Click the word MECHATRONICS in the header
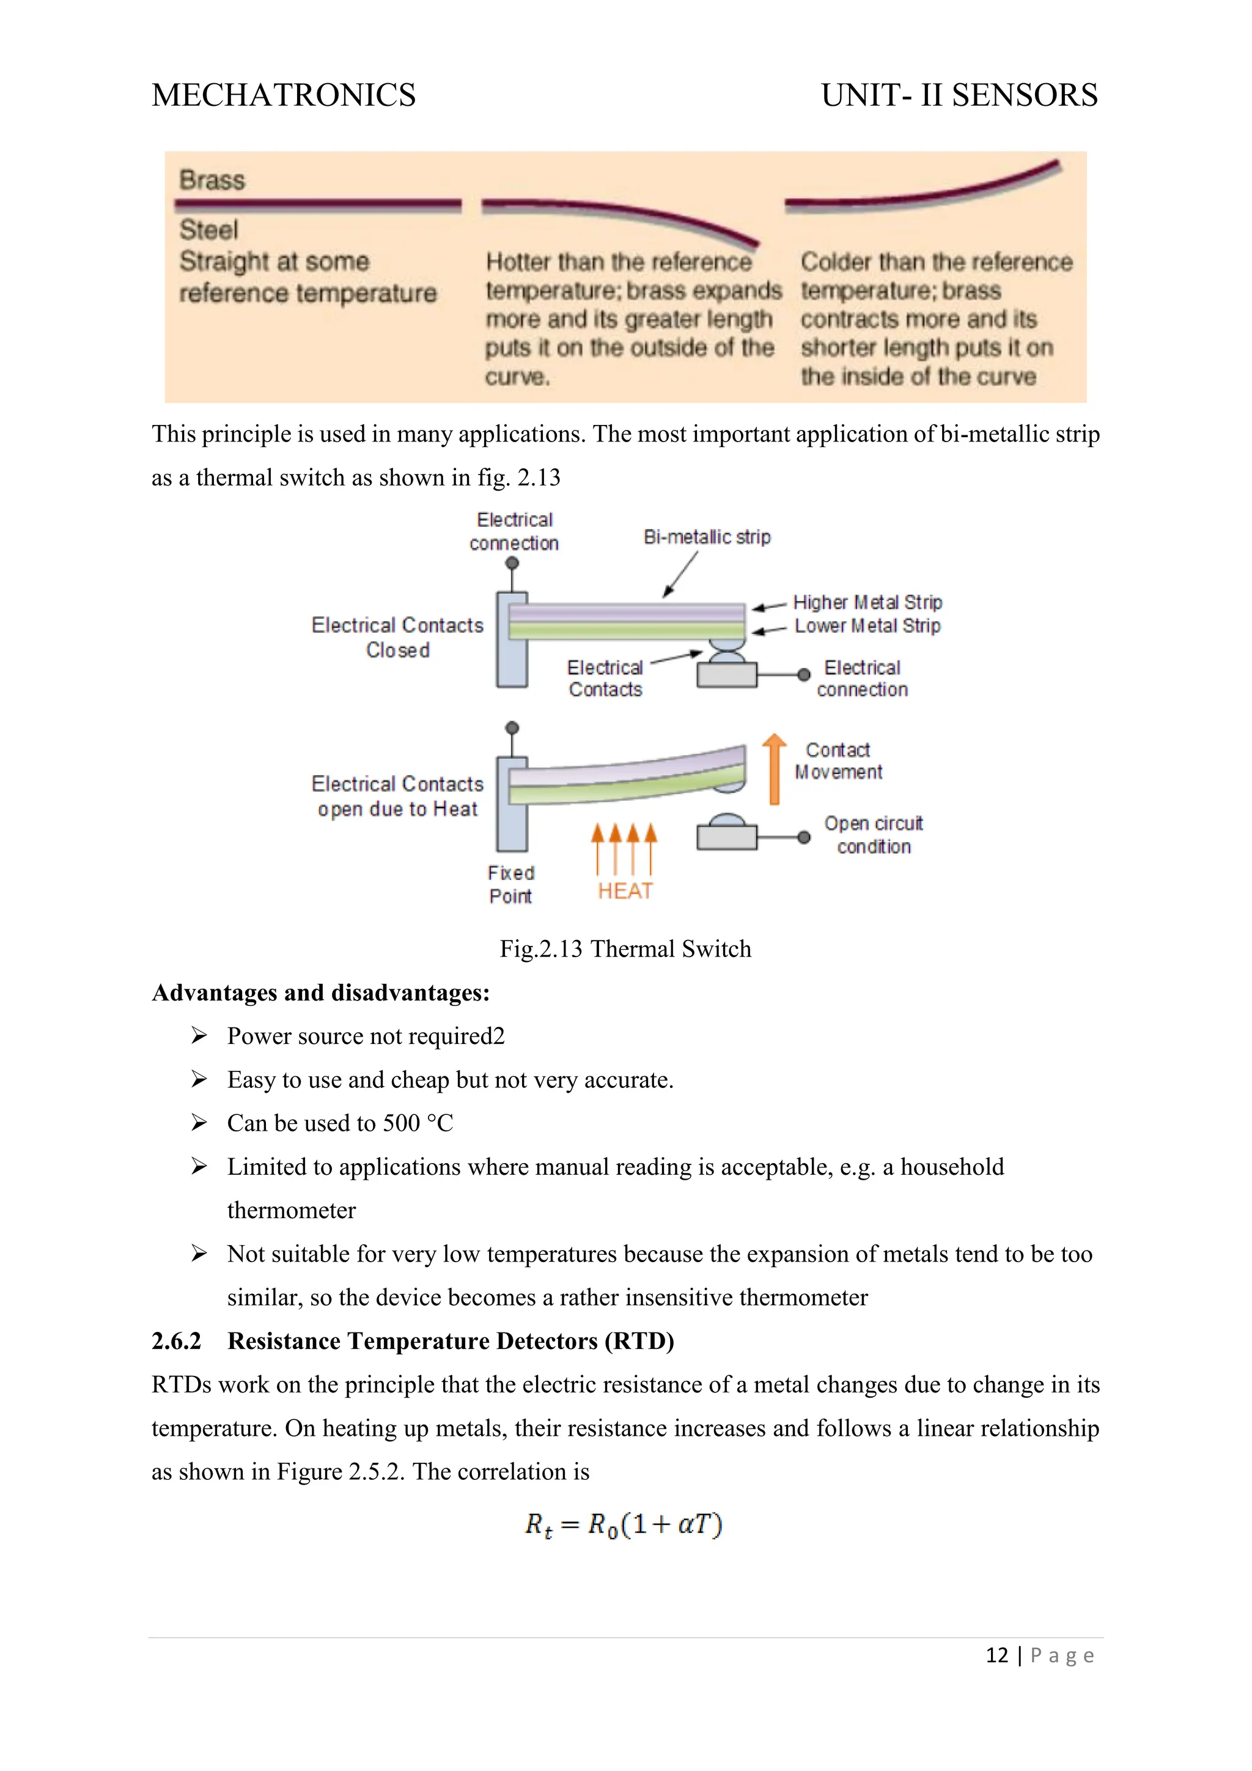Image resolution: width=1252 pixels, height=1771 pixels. click(x=284, y=95)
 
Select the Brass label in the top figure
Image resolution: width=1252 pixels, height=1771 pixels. click(x=212, y=180)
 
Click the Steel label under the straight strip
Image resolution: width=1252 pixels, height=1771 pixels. click(x=209, y=230)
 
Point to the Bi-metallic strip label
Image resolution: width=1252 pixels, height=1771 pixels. click(x=707, y=537)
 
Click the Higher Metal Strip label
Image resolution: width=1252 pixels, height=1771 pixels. click(x=867, y=602)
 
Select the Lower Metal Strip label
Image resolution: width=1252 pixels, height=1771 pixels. click(x=867, y=626)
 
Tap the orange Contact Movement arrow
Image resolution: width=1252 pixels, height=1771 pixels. click(x=775, y=769)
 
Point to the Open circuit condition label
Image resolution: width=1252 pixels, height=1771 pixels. click(x=874, y=835)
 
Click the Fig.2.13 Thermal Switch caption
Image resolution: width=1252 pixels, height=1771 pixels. click(x=625, y=948)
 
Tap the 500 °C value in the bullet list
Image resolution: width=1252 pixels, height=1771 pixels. click(x=418, y=1123)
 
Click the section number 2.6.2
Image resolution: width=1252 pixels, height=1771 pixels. click(x=177, y=1341)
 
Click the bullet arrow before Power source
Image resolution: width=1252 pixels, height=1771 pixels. click(x=199, y=1036)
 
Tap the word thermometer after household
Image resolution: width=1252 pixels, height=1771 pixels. click(x=292, y=1211)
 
